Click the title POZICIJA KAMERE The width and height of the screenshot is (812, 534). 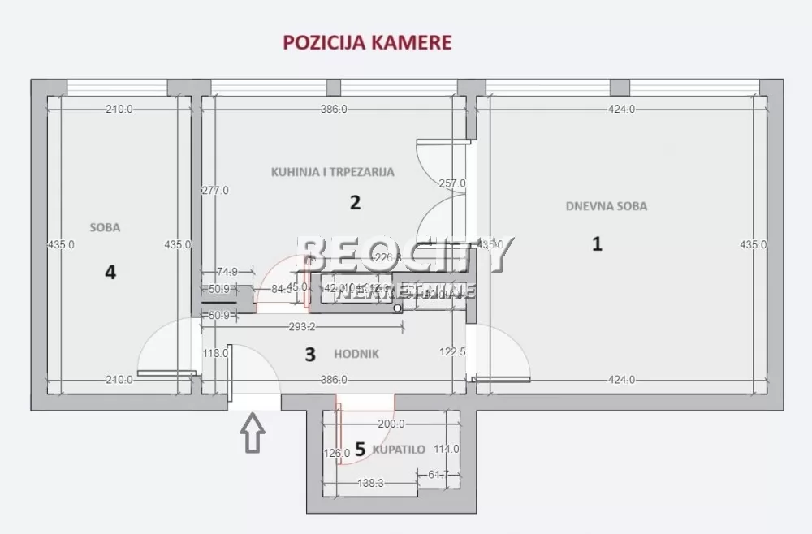(x=366, y=42)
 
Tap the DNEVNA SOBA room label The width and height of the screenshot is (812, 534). (x=607, y=206)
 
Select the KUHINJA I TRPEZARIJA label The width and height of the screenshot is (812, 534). (x=332, y=172)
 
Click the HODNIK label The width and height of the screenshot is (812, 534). (x=356, y=354)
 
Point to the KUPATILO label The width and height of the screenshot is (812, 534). (x=399, y=449)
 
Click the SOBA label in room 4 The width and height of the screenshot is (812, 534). (x=105, y=228)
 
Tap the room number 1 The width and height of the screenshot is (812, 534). (x=597, y=243)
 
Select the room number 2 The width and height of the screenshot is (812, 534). (x=355, y=202)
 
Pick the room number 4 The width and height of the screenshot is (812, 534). (x=110, y=272)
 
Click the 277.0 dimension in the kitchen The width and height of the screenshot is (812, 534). (x=215, y=191)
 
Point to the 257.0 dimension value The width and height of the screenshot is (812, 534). (x=451, y=183)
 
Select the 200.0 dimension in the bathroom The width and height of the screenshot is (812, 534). (x=392, y=424)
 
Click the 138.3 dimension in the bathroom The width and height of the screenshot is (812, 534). (x=370, y=483)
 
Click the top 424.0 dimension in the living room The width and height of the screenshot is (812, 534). (x=621, y=110)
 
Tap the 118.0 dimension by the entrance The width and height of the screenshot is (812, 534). (x=214, y=353)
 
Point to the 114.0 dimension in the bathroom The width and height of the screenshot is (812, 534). (x=446, y=449)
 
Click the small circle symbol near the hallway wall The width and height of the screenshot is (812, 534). (x=397, y=308)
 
